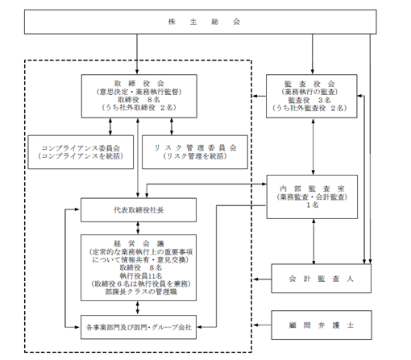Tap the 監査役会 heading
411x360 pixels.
click(x=311, y=83)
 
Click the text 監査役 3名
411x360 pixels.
click(x=311, y=98)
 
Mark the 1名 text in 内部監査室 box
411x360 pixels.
click(x=311, y=205)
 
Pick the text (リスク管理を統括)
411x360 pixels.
click(x=189, y=157)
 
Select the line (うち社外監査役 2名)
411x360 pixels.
click(x=311, y=106)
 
